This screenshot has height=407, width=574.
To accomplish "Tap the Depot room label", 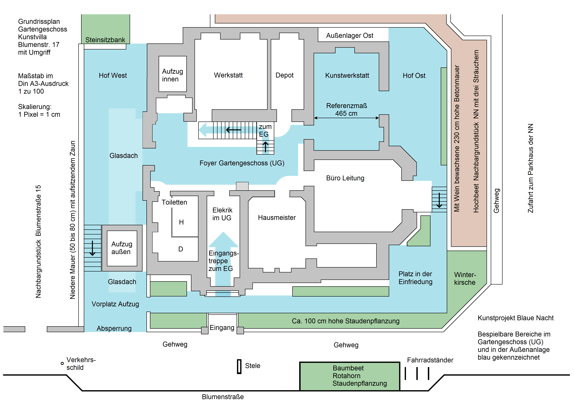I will click(x=284, y=75).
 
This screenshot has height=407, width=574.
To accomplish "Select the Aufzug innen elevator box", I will click(x=173, y=74).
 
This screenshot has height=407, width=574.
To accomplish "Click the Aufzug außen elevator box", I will click(x=122, y=248).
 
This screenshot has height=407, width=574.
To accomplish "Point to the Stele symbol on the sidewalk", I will click(x=239, y=366).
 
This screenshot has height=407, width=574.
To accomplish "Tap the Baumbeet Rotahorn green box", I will click(x=350, y=376).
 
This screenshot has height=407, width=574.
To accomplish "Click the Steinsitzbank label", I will click(x=105, y=40).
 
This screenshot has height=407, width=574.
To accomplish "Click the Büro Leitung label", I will click(x=345, y=178).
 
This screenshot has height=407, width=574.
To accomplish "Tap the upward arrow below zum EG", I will click(x=265, y=147).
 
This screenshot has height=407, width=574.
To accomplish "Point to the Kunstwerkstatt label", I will click(x=347, y=75).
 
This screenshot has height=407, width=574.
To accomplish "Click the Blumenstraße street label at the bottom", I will click(x=223, y=397).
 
